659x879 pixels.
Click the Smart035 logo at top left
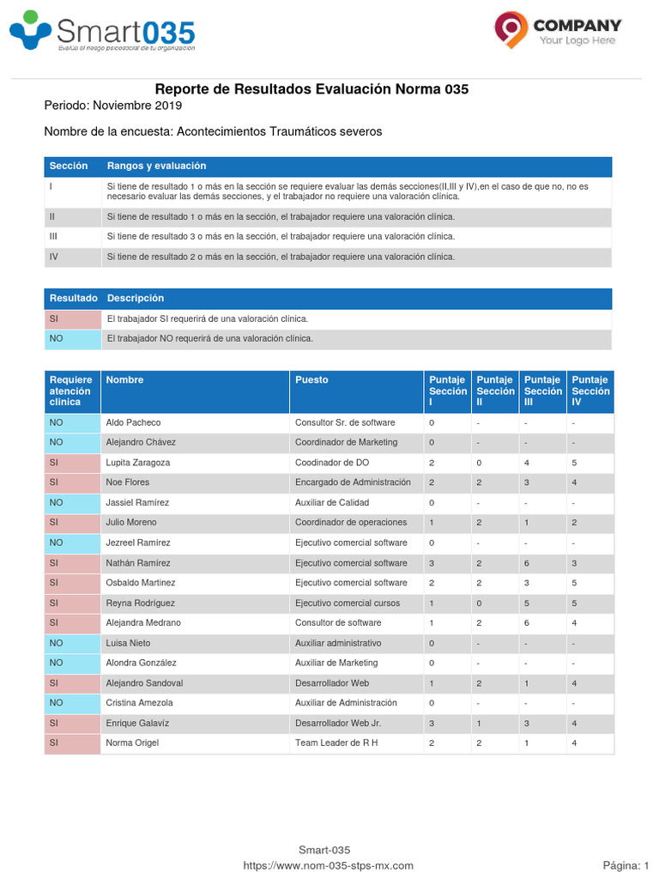[102, 33]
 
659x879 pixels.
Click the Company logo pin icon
[511, 28]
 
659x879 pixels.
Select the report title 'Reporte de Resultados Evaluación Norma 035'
[311, 89]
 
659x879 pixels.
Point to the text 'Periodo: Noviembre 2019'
[112, 106]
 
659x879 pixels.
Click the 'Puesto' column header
[311, 379]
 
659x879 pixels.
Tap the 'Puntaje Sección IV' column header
[590, 391]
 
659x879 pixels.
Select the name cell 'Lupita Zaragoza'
[137, 463]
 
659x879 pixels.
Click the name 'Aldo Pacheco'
[133, 422]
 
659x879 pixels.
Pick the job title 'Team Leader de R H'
[336, 743]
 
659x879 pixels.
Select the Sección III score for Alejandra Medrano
[528, 622]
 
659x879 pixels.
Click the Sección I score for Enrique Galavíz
[432, 723]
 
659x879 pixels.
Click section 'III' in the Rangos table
[53, 236]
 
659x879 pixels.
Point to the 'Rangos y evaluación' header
[156, 166]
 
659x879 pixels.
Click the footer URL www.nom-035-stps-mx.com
[329, 866]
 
